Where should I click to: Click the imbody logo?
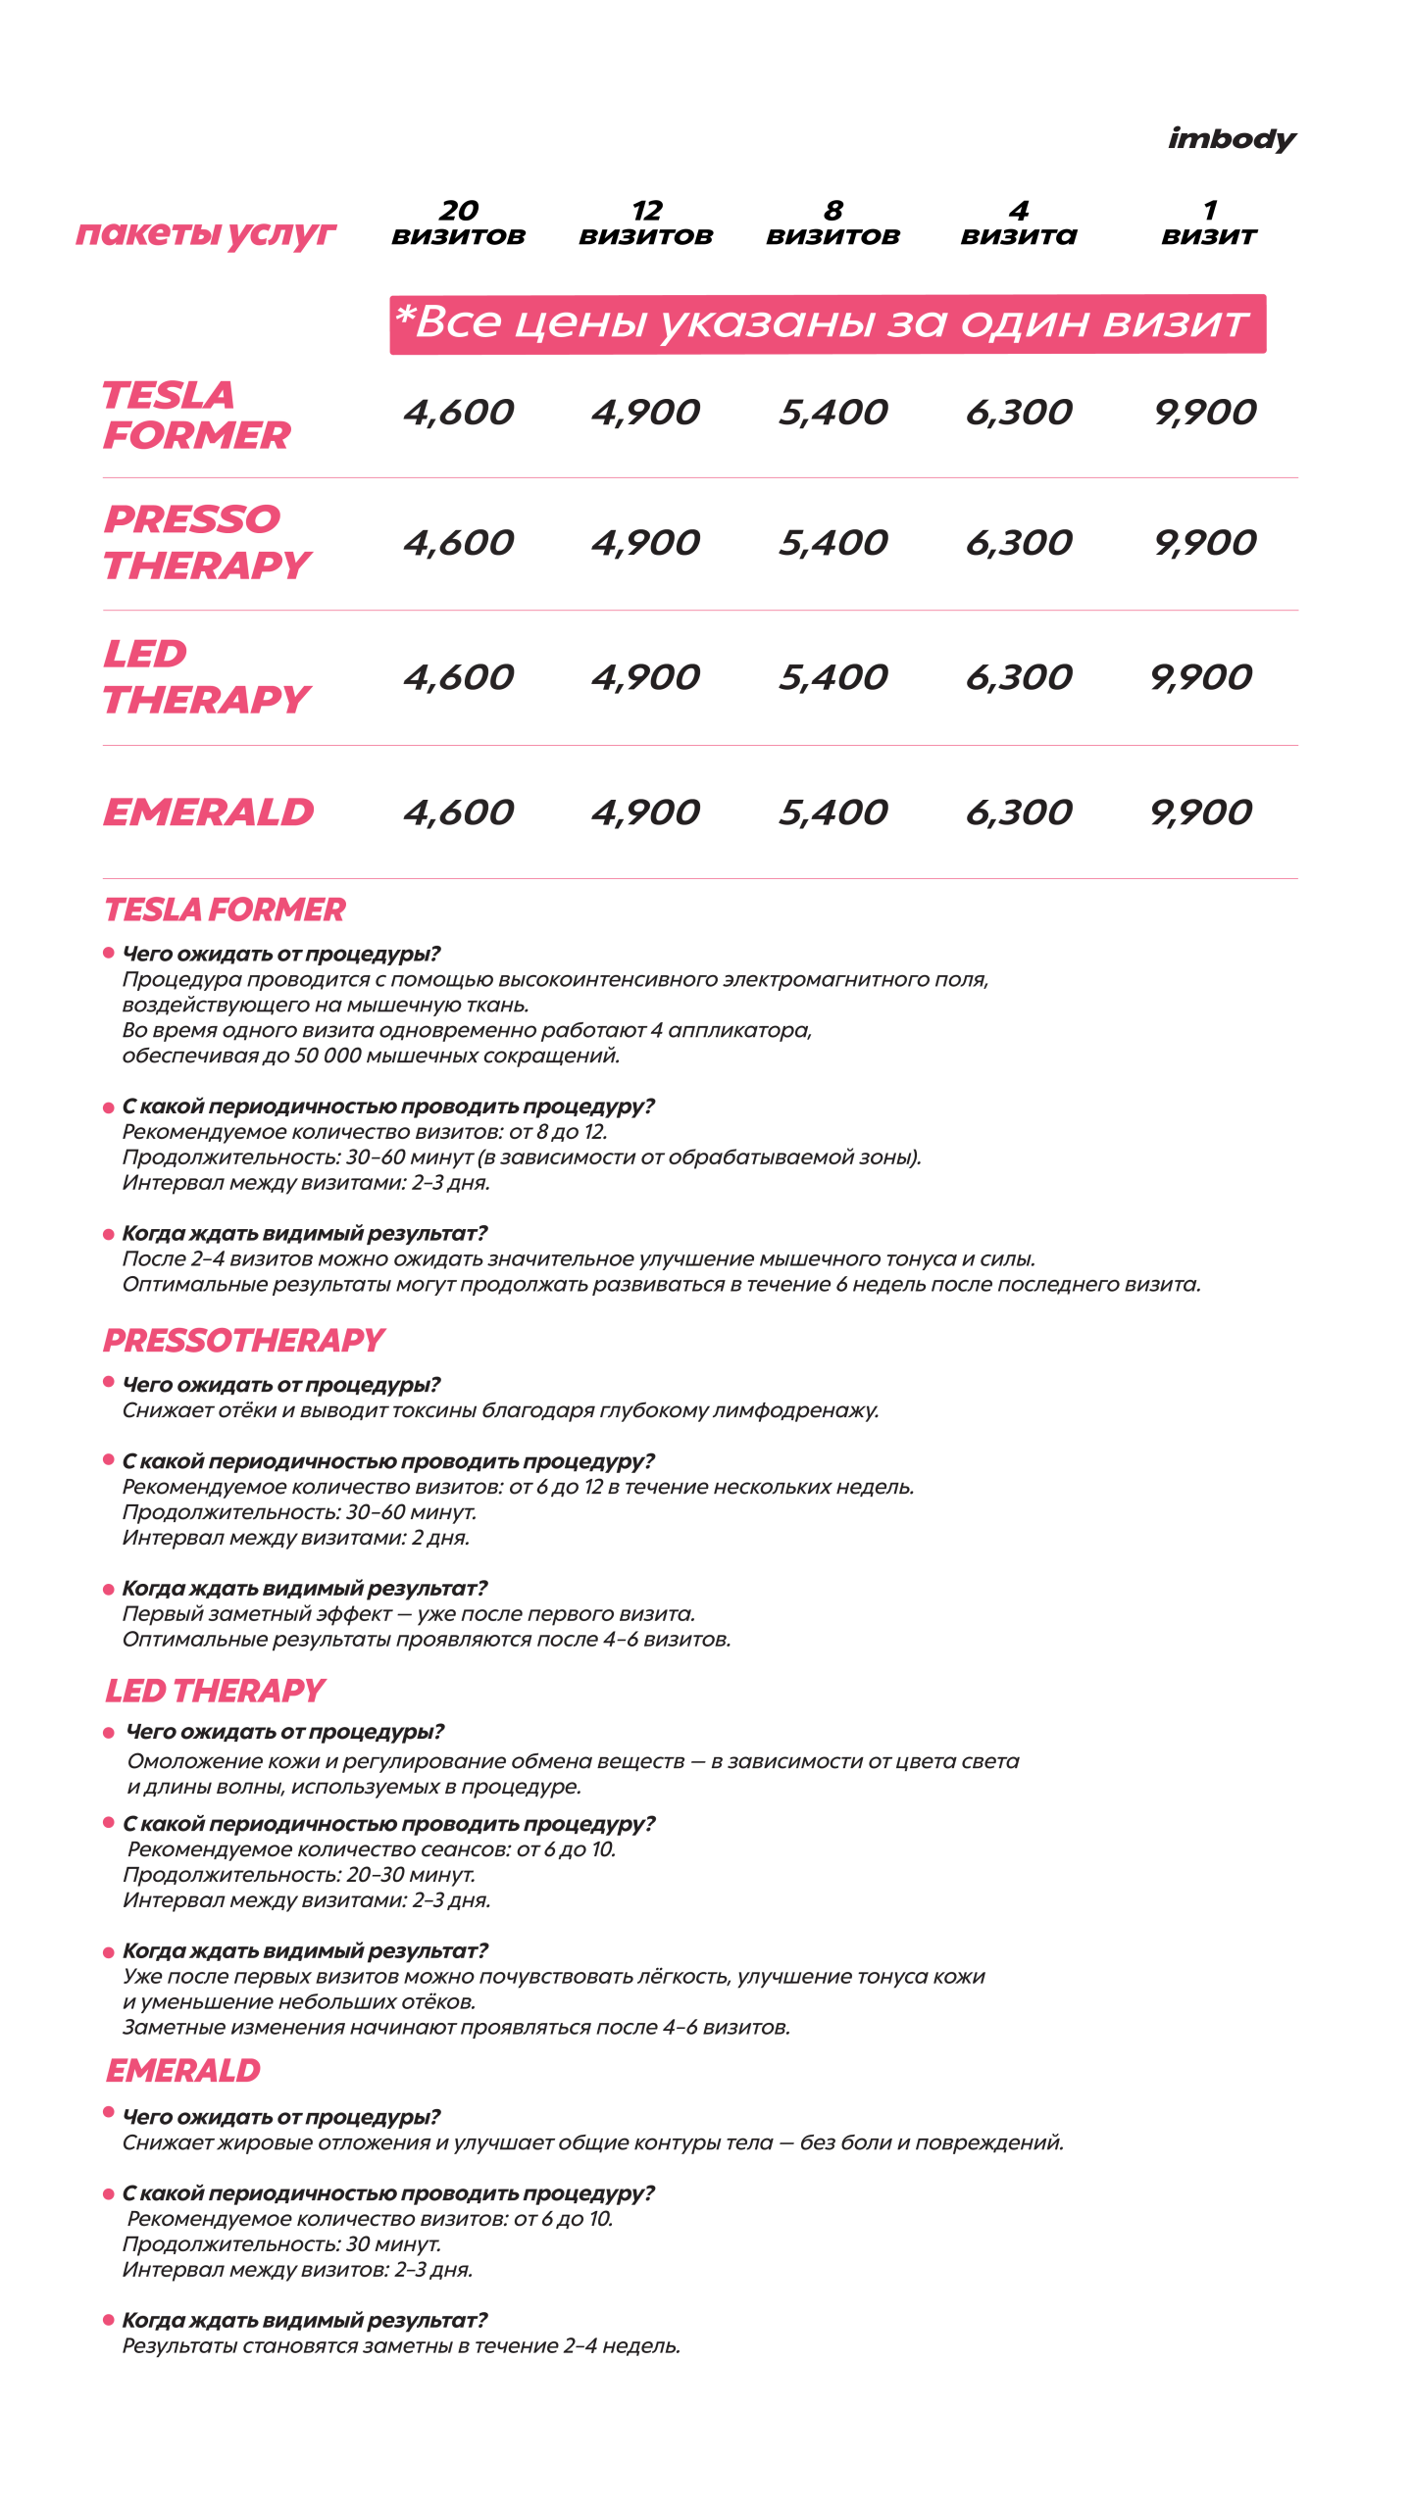click(1232, 139)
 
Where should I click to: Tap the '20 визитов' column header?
click(458, 223)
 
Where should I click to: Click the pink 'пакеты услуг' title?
click(206, 233)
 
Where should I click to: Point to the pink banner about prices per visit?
click(827, 323)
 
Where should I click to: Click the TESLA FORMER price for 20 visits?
click(458, 413)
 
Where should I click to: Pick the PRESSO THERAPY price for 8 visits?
click(832, 543)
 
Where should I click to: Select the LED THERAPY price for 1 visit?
click(1201, 677)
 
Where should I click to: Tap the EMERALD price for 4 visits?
click(1019, 812)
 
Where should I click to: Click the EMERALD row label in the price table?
click(209, 812)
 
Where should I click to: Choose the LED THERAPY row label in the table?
click(206, 676)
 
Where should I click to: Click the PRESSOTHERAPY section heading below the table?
click(243, 1340)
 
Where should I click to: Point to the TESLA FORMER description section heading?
click(225, 910)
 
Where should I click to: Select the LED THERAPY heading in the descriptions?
click(215, 1691)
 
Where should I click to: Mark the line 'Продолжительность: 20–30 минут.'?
click(299, 1875)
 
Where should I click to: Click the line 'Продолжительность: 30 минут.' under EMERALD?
click(281, 2244)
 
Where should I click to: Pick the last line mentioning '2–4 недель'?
click(401, 2346)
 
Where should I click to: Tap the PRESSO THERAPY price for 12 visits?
click(645, 543)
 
